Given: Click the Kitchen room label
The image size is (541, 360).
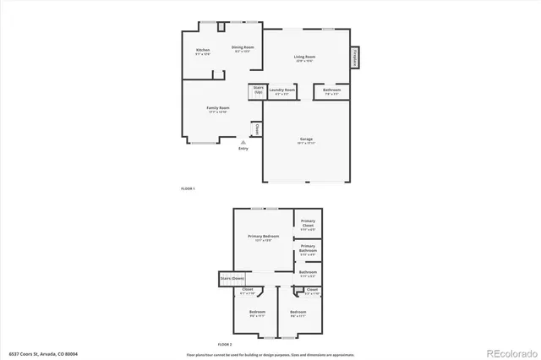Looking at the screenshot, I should pos(203,51).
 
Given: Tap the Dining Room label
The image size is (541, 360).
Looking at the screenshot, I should pos(243,48).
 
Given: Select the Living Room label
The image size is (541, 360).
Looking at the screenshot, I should pos(304,57).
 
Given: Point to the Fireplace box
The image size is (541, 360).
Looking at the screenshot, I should pos(355,57).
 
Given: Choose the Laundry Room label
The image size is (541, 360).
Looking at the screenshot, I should pos(283,90).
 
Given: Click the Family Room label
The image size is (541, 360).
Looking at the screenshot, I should pos(219,108).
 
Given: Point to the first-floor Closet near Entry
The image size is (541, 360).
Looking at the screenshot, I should pos(258,128).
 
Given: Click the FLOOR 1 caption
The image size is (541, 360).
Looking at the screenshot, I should pos(188,187).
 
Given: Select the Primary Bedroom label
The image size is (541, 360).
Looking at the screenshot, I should pos(264,237).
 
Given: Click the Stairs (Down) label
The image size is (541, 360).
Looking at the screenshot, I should pos(232,277).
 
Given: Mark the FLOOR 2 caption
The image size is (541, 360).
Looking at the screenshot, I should pos(224,345).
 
